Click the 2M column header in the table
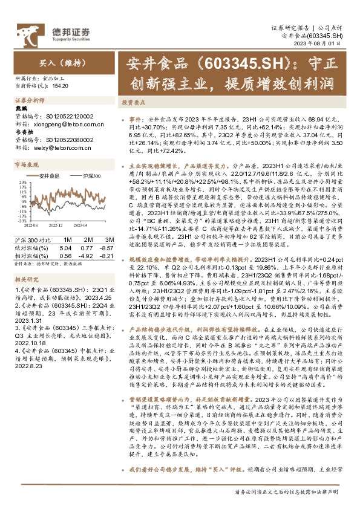point(86,241)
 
